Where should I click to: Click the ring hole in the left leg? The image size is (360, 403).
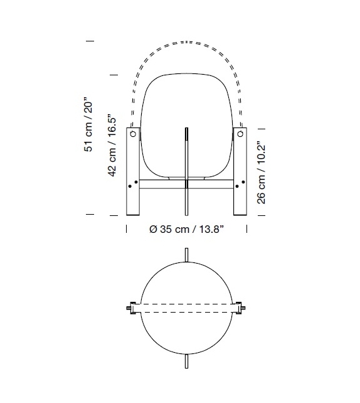[134, 134]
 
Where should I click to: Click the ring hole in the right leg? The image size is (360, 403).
[239, 134]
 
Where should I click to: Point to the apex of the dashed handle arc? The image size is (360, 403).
[186, 42]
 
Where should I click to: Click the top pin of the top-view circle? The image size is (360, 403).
[186, 255]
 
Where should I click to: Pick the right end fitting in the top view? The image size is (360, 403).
[241, 308]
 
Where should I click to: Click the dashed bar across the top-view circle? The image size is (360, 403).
[186, 308]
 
